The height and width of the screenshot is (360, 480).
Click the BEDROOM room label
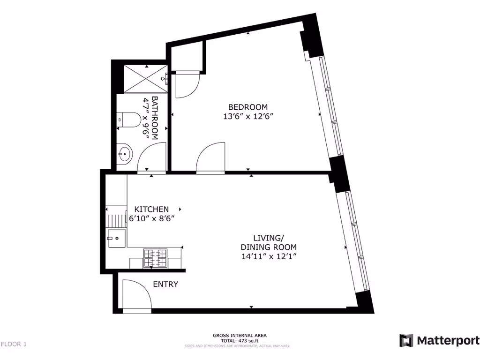pyautogui.click(x=248, y=107)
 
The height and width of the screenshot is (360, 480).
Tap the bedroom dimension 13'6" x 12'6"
pyautogui.click(x=248, y=117)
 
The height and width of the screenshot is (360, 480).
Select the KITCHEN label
pyautogui.click(x=151, y=209)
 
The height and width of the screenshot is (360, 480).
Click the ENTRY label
pyautogui.click(x=165, y=284)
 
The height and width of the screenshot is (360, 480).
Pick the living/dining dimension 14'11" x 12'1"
pyautogui.click(x=269, y=256)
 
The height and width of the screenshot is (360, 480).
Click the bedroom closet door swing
pyautogui.click(x=187, y=84)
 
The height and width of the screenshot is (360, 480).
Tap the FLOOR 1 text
pyautogui.click(x=14, y=345)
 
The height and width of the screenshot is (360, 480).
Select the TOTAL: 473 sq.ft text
pyautogui.click(x=240, y=341)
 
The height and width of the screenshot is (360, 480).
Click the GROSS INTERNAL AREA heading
pyautogui.click(x=240, y=336)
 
